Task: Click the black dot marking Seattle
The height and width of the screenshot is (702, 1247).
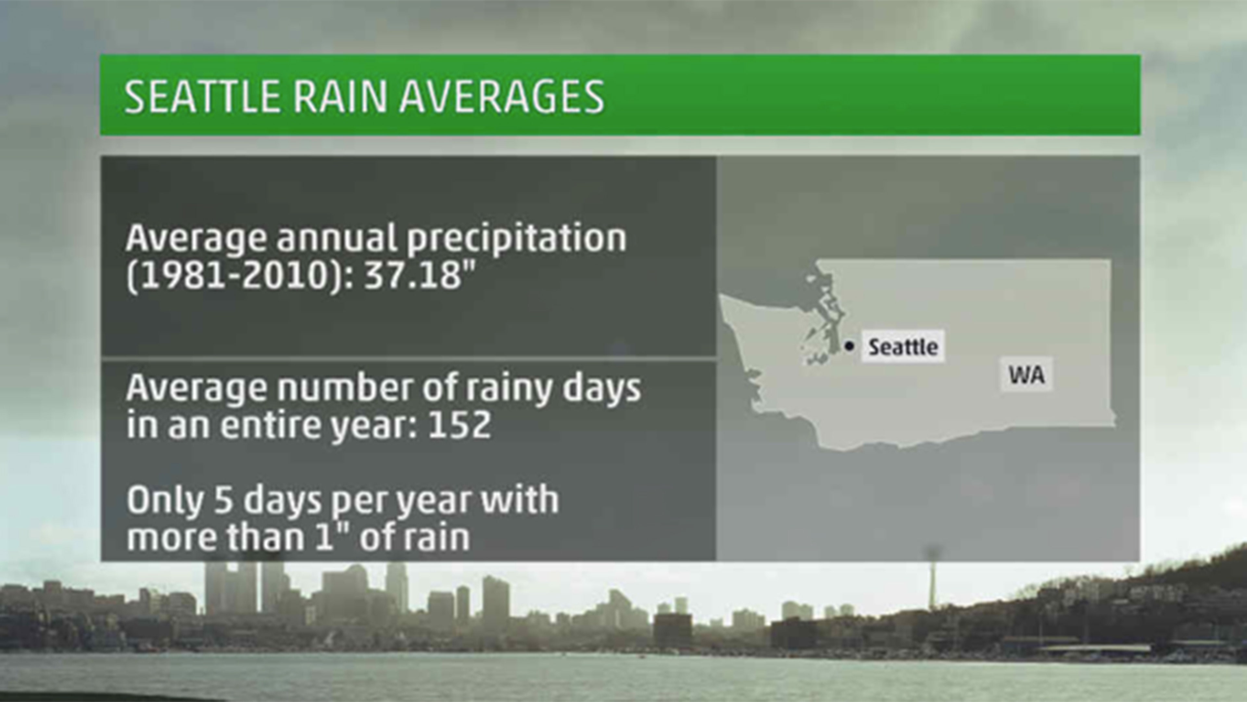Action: [849, 346]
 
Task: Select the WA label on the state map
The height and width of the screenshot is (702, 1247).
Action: [1026, 375]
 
